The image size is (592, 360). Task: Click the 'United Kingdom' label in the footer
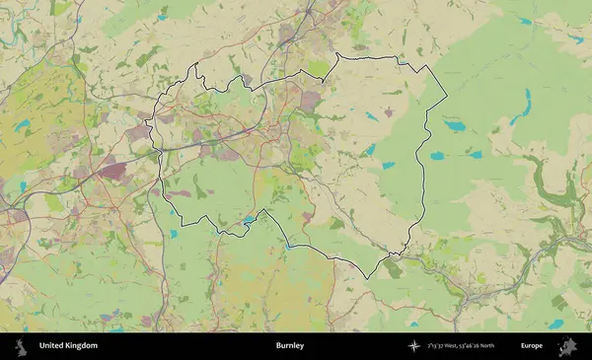68,346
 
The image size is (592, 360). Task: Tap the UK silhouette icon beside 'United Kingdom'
20,346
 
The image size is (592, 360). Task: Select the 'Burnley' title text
290,346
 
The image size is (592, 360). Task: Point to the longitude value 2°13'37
439,346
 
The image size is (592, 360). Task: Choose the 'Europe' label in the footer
532,346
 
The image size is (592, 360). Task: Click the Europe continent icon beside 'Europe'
567,346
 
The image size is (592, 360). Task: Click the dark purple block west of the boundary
113,171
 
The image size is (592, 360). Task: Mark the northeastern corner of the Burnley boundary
430,67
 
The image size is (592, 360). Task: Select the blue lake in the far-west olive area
22,125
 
